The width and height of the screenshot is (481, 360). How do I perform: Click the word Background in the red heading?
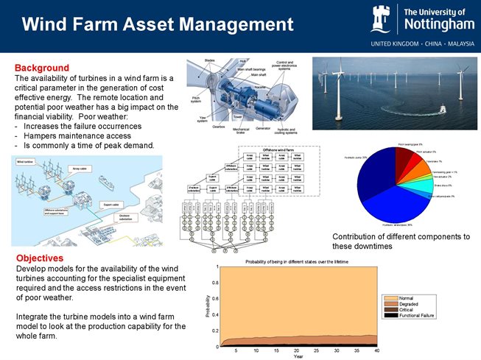click(42, 68)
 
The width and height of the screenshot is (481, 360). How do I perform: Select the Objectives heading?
click(41, 258)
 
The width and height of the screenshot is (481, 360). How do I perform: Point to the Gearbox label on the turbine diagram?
click(219, 127)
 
